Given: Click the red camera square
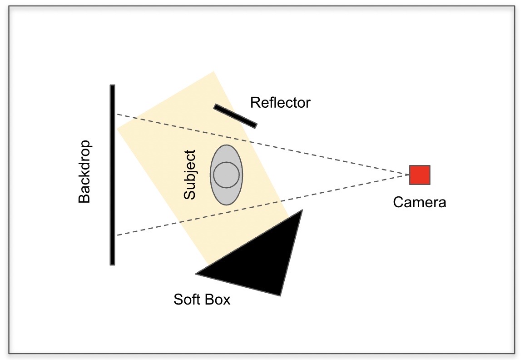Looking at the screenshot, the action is (x=420, y=175).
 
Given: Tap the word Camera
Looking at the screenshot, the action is (x=420, y=202).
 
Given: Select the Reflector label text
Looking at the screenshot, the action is (x=280, y=103).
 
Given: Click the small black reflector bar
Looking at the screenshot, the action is (x=235, y=116).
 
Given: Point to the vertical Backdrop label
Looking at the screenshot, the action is (x=84, y=172).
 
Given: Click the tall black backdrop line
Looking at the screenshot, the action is (x=113, y=175).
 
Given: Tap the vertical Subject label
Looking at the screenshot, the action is (x=189, y=175).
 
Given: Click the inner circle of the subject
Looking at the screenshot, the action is (x=227, y=175).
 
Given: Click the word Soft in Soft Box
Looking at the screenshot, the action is (x=187, y=300).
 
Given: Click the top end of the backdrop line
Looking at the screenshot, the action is (x=113, y=85).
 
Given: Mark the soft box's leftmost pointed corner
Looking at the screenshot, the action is (x=196, y=274).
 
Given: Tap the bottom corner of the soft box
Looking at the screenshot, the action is (x=280, y=295).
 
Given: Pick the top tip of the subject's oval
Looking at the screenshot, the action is (x=227, y=145).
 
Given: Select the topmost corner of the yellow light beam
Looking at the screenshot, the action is (x=213, y=71).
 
